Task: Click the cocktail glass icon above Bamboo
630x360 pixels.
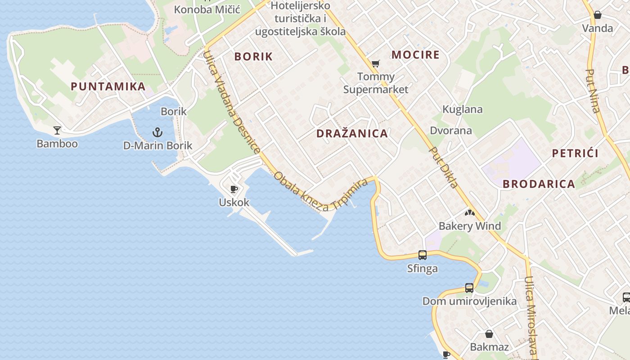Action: [x=57, y=130]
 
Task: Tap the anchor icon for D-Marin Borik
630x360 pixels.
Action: [x=157, y=132]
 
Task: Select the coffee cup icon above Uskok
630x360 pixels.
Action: [x=234, y=189]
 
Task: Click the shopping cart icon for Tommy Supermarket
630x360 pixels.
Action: [x=375, y=63]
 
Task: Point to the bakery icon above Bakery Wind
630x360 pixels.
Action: [x=470, y=212]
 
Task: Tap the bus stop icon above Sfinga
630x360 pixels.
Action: [x=422, y=255]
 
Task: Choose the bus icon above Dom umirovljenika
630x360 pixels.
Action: [x=469, y=288]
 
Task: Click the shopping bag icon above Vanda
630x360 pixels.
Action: [x=597, y=15]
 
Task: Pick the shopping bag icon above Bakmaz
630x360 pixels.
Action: [x=489, y=334]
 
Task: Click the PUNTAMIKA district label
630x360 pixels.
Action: [x=108, y=86]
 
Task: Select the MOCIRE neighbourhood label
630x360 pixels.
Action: [x=415, y=55]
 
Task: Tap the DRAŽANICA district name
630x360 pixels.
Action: [x=352, y=133]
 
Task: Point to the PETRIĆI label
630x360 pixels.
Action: [x=575, y=153]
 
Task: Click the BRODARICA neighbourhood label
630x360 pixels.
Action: [x=539, y=184]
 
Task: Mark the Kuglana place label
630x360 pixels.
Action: [x=462, y=109]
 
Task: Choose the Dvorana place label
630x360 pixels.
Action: [x=451, y=130]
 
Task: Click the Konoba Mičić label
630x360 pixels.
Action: [x=207, y=9]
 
